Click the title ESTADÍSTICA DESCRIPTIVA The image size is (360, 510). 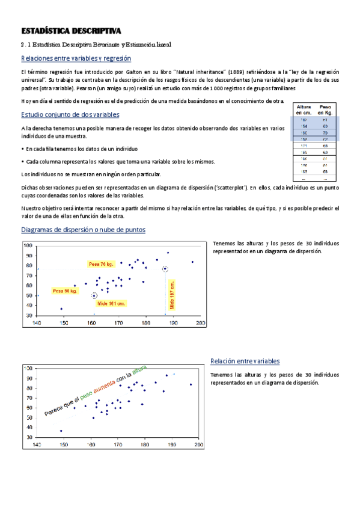pyautogui.click(x=71, y=31)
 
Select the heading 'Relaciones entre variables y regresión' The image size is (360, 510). pyautogui.click(x=76, y=58)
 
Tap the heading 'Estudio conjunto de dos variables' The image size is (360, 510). pyautogui.click(x=70, y=114)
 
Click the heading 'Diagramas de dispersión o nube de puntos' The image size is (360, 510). pyautogui.click(x=83, y=230)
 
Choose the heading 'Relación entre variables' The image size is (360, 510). pyautogui.click(x=245, y=361)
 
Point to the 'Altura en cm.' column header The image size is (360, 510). pyautogui.click(x=304, y=109)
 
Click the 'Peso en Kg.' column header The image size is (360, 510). pyautogui.click(x=325, y=109)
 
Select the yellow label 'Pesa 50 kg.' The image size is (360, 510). pyautogui.click(x=65, y=291)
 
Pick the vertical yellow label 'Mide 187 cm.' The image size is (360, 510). pyautogui.click(x=172, y=295)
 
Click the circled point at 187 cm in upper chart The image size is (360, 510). pyautogui.click(x=165, y=269)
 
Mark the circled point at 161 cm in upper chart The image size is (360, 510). pyautogui.click(x=94, y=295)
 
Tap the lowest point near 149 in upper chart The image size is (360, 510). pyautogui.click(x=61, y=309)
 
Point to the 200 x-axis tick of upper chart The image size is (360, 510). pyautogui.click(x=200, y=323)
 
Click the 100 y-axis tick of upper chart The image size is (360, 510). pyautogui.click(x=28, y=245)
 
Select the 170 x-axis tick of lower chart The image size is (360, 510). pyautogui.click(x=118, y=445)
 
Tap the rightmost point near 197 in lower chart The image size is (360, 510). pyautogui.click(x=191, y=384)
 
